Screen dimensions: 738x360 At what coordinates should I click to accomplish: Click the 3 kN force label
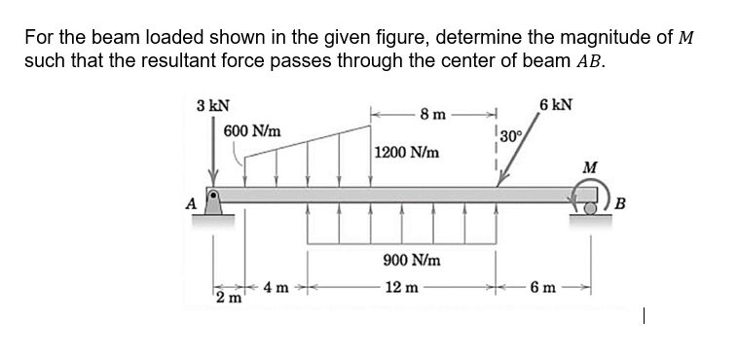pos(212,105)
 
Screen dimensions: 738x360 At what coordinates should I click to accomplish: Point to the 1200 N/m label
pos(406,154)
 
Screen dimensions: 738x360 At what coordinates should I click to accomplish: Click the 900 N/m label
pos(412,262)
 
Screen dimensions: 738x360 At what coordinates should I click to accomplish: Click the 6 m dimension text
pos(544,288)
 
